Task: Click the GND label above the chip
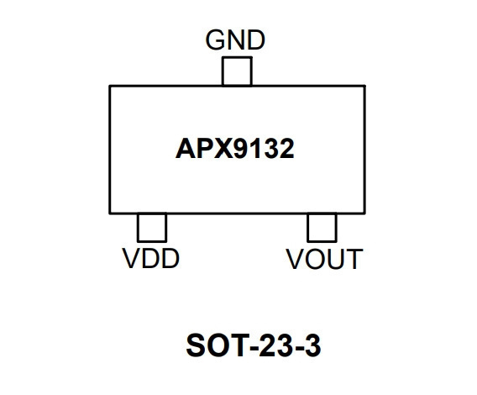point(235,39)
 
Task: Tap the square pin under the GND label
point(237,71)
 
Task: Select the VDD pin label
point(151,258)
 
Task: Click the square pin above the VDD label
point(152,228)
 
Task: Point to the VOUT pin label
point(324,259)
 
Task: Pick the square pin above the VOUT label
point(322,228)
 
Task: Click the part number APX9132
point(235,149)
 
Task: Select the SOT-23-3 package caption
point(254,345)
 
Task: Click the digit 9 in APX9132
point(244,149)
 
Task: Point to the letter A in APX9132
point(186,149)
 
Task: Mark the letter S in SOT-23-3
point(196,345)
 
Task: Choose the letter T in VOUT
point(354,259)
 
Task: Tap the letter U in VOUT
point(333,260)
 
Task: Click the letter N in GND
point(235,39)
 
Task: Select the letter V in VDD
point(132,258)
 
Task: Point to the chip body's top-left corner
point(110,87)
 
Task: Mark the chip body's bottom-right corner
point(364,213)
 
